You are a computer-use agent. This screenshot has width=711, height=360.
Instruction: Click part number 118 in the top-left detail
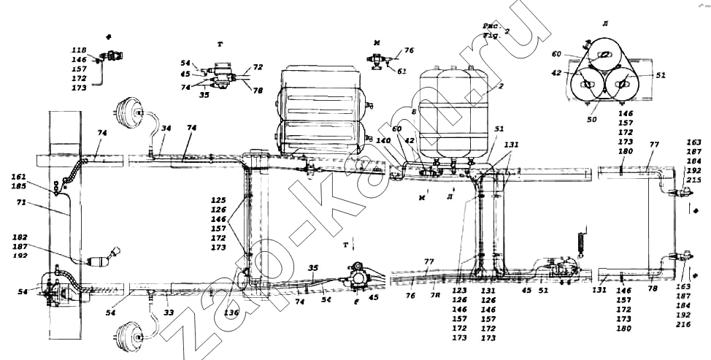pyautogui.click(x=79, y=49)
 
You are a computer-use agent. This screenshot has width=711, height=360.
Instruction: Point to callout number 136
pyautogui.click(x=231, y=314)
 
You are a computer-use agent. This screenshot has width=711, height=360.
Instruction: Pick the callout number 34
pyautogui.click(x=166, y=129)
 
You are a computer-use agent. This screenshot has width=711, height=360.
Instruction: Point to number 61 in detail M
pyautogui.click(x=402, y=71)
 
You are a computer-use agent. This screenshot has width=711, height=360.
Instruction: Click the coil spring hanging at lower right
pyautogui.click(x=583, y=242)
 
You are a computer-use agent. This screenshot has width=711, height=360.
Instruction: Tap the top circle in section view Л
pyautogui.click(x=605, y=56)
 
